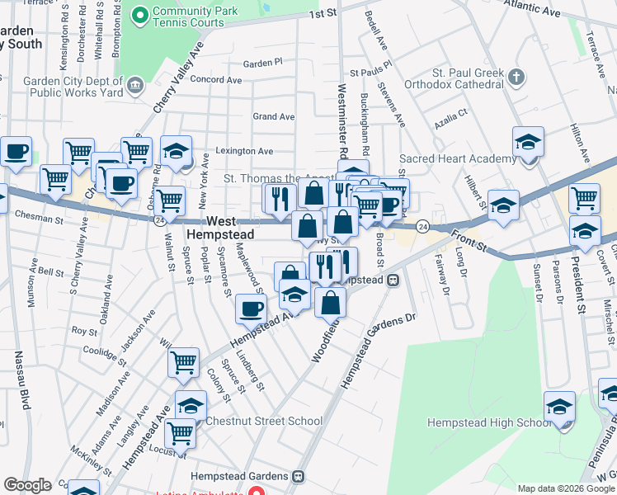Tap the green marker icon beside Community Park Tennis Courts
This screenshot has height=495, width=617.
click(139, 14)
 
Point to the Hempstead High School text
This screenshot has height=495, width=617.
click(488, 423)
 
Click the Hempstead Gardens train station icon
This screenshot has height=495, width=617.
click(299, 477)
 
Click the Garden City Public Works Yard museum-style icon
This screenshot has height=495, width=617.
click(134, 83)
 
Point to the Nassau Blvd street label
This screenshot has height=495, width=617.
click(21, 380)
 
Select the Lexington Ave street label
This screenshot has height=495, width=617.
click(244, 151)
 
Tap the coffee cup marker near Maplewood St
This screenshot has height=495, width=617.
click(252, 309)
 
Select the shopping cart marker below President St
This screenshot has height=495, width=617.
click(584, 198)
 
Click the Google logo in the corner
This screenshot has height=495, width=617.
click(27, 485)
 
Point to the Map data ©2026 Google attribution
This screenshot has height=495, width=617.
click(567, 488)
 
